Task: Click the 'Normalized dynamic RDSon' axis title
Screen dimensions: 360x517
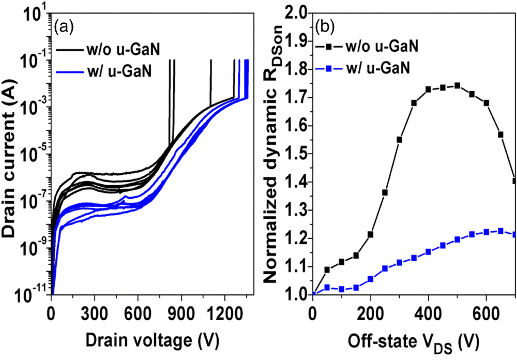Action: click(x=276, y=155)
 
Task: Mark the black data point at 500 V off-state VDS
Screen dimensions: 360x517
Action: click(x=457, y=86)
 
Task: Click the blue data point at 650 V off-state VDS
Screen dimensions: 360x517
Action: click(x=500, y=231)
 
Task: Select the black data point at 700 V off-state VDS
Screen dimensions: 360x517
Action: click(x=514, y=181)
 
